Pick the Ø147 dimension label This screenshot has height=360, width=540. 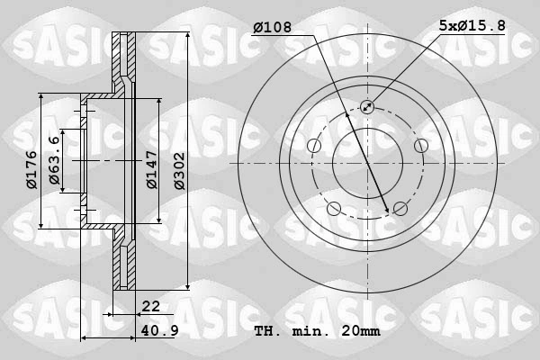point(152,168)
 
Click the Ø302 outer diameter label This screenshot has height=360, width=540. point(178,168)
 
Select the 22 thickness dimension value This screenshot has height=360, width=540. point(151,307)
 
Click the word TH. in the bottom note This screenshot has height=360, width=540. point(268,331)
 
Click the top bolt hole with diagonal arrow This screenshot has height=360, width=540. point(367,107)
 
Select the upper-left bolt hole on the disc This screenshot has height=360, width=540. point(314,146)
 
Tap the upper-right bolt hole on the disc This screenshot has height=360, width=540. point(420,146)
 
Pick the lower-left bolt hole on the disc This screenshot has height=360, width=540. point(334,209)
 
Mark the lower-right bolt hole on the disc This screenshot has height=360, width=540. point(400,209)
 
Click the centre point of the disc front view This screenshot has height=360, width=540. point(367,163)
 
